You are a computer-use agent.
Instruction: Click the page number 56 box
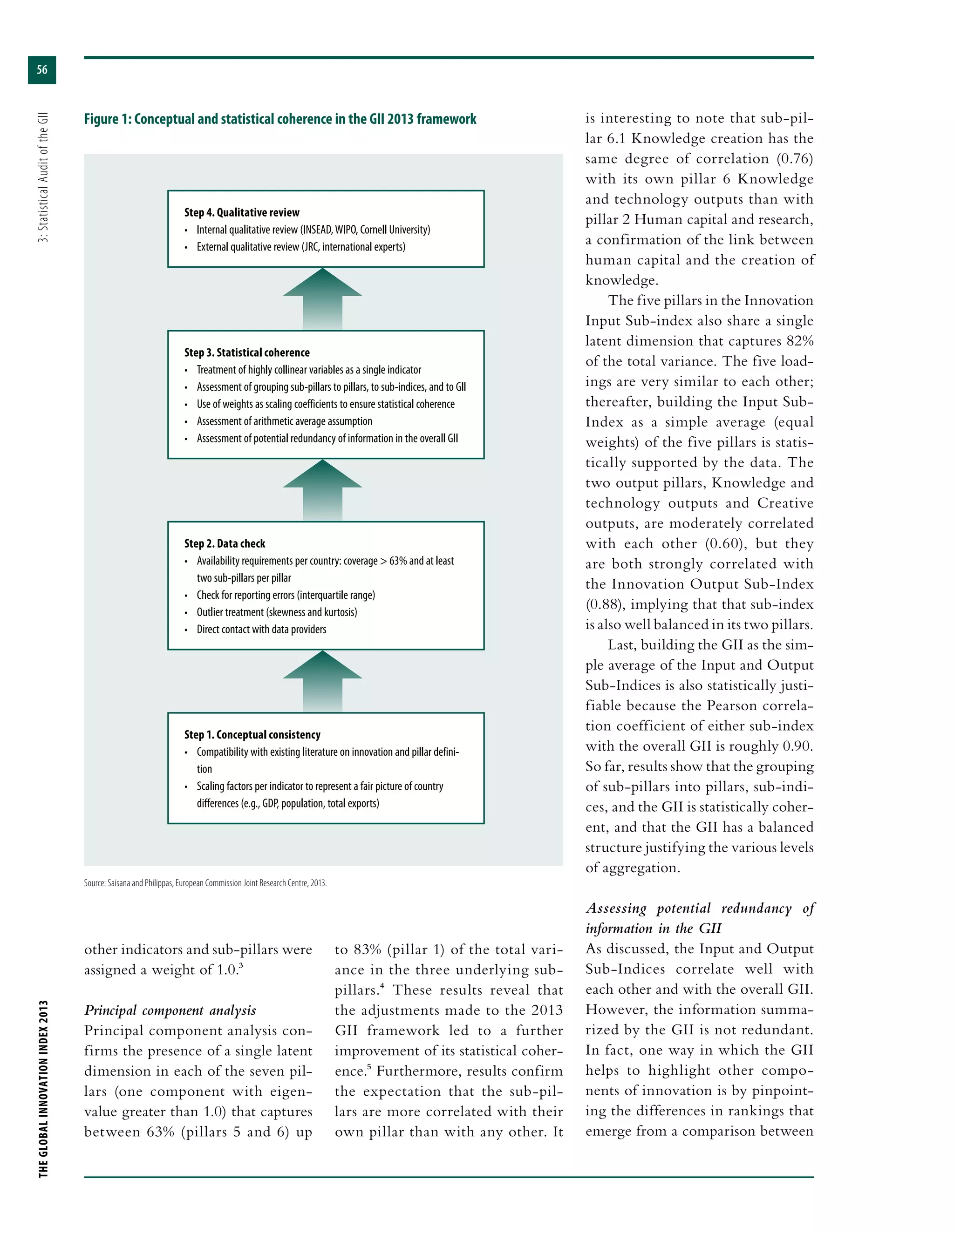click(42, 70)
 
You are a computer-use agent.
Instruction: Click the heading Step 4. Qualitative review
click(241, 212)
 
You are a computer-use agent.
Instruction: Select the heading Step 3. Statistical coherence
click(246, 353)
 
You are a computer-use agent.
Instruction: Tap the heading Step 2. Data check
click(225, 543)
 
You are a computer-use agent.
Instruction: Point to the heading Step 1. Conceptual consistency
click(252, 734)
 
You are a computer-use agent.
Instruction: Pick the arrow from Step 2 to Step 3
click(322, 490)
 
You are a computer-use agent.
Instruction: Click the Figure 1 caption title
click(280, 119)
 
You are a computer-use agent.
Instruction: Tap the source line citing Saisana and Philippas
click(205, 883)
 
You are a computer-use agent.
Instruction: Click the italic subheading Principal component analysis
click(170, 1010)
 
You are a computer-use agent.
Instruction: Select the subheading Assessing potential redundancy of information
click(699, 918)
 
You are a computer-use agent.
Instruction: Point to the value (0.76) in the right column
click(795, 159)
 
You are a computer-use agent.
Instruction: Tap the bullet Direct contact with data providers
click(261, 630)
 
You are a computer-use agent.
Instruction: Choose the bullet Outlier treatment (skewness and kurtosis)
click(276, 612)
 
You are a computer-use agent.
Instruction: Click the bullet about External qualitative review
click(300, 247)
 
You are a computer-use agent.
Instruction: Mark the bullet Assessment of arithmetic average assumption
click(284, 421)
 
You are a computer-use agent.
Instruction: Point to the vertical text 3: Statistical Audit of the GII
click(43, 177)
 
